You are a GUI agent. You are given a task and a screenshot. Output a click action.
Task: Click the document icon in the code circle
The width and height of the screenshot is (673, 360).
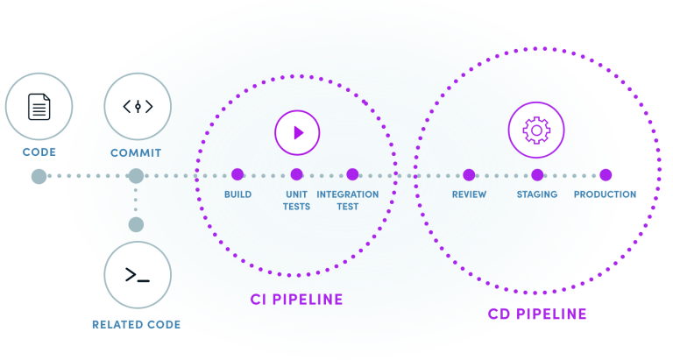pos(39,108)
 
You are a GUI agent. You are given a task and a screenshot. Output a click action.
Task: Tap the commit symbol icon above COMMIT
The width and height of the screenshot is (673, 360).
pos(137,107)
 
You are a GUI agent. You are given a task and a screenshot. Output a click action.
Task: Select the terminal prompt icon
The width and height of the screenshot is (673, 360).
pos(137,276)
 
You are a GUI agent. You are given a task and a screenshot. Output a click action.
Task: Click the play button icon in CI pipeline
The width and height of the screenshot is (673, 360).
pos(297,133)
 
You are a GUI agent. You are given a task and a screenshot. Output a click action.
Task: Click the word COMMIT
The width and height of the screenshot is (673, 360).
pos(136,152)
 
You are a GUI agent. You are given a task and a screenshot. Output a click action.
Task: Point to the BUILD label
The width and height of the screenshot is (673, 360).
pos(237,194)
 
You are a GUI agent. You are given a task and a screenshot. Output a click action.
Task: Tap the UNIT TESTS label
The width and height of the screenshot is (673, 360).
pos(296,200)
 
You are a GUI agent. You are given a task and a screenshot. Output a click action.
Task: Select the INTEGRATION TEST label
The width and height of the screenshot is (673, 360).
pos(348,200)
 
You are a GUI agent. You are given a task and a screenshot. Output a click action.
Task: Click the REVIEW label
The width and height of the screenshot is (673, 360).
pos(469,194)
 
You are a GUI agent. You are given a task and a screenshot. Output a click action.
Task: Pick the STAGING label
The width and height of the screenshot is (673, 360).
pos(537,194)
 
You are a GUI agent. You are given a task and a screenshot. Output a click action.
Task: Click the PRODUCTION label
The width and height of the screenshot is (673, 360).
pos(604,194)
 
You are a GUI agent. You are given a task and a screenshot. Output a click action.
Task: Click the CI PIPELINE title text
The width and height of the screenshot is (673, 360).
pos(296,300)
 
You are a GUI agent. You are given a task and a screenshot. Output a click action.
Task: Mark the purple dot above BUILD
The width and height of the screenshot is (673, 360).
pos(237,175)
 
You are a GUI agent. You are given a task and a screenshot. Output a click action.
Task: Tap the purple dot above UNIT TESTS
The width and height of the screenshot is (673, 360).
pos(296,175)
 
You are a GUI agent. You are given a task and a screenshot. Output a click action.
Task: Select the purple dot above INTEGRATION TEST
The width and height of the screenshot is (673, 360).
pos(352,175)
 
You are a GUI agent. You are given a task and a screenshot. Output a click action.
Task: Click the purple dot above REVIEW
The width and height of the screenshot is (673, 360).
pos(469,175)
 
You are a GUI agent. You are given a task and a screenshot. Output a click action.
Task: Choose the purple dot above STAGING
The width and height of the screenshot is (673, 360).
pos(537,175)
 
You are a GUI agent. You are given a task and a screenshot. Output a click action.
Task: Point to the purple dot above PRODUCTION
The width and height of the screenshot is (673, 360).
pos(605,175)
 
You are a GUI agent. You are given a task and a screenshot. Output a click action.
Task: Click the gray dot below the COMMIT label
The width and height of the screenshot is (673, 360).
pos(136,176)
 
